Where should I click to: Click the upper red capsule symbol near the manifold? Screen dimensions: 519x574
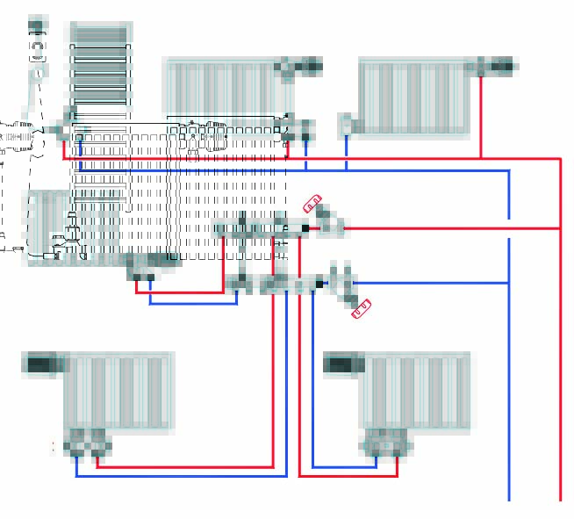click(313, 204)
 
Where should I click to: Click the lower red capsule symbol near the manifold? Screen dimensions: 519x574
click(361, 308)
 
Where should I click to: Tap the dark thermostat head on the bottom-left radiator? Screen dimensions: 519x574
click(39, 363)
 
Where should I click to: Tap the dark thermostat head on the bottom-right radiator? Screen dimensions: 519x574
click(341, 363)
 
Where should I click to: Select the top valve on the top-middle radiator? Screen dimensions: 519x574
click(298, 66)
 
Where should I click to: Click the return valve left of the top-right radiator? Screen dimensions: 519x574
click(346, 125)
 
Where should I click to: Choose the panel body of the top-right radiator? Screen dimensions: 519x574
click(412, 97)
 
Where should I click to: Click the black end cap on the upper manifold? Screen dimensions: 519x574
click(305, 228)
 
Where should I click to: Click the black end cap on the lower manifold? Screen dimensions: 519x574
click(319, 284)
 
